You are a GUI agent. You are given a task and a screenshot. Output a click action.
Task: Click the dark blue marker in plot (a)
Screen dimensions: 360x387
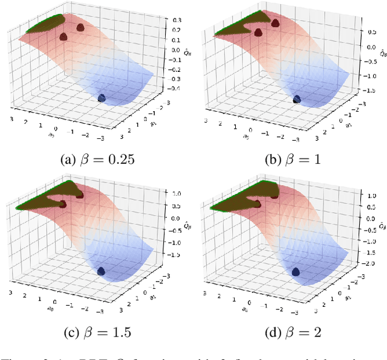pyautogui.click(x=102, y=98)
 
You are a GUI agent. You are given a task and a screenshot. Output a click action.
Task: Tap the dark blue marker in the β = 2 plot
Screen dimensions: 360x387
pyautogui.click(x=297, y=272)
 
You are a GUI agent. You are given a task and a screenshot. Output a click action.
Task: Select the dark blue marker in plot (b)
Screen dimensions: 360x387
pyautogui.click(x=296, y=99)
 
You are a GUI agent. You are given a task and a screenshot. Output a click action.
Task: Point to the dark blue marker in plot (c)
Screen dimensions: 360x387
pyautogui.click(x=101, y=272)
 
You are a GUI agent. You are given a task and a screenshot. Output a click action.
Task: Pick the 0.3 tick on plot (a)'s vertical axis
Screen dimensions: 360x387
pyautogui.click(x=176, y=19)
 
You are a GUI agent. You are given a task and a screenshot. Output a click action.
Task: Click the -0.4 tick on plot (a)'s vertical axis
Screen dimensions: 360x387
pyautogui.click(x=175, y=88)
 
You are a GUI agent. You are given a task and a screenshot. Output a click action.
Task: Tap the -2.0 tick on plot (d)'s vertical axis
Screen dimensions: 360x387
pyautogui.click(x=371, y=263)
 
